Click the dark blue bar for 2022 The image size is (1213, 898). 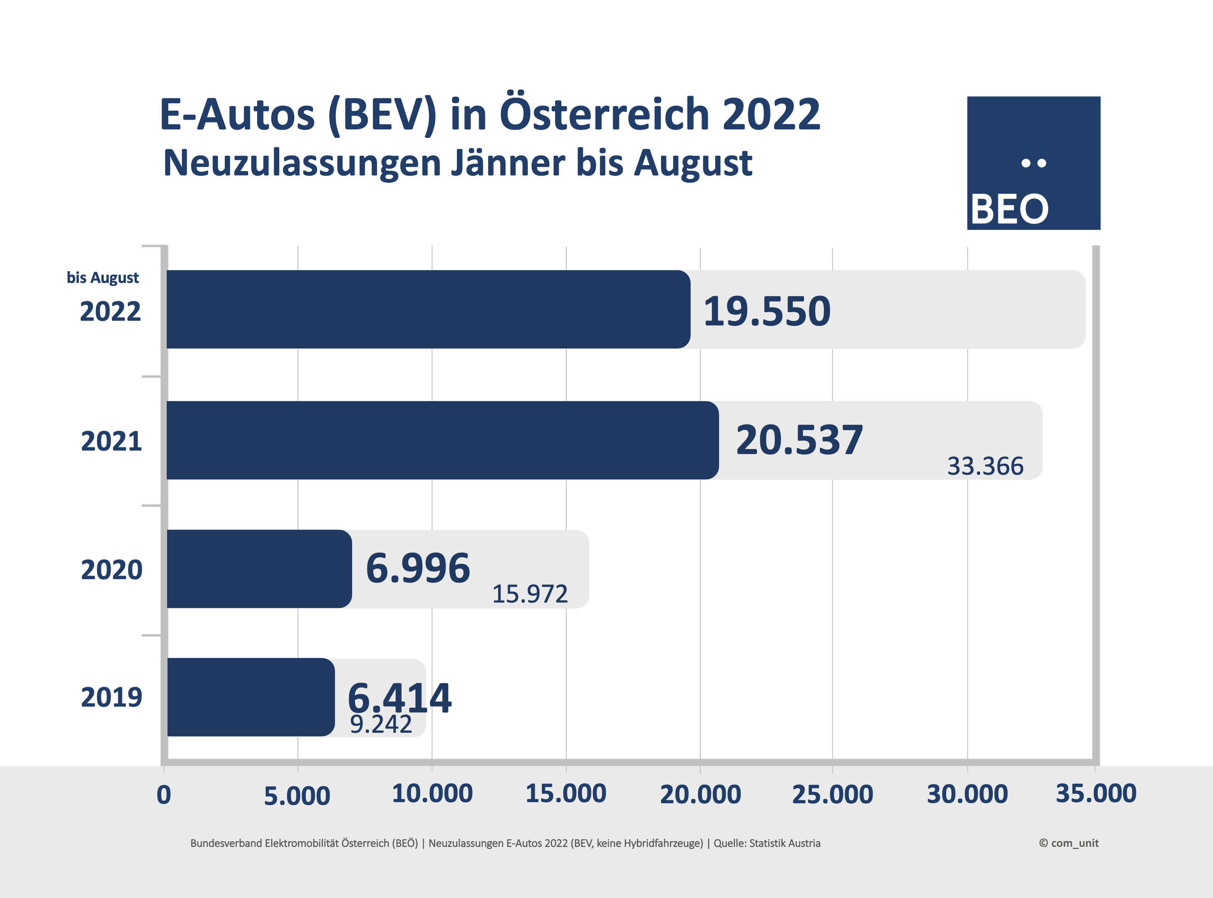428,309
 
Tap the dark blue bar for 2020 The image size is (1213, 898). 259,569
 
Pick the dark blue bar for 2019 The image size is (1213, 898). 250,697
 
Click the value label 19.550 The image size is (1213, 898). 767,311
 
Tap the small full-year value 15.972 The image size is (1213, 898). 530,594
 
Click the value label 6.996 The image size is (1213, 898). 418,568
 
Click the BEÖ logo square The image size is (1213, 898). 1033,163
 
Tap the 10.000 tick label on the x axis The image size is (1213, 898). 432,794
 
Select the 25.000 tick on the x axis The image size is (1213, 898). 832,795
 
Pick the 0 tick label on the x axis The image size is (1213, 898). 164,795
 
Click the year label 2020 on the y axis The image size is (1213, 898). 111,570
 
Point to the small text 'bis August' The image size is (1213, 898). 103,278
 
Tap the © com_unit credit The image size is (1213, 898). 1068,843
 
